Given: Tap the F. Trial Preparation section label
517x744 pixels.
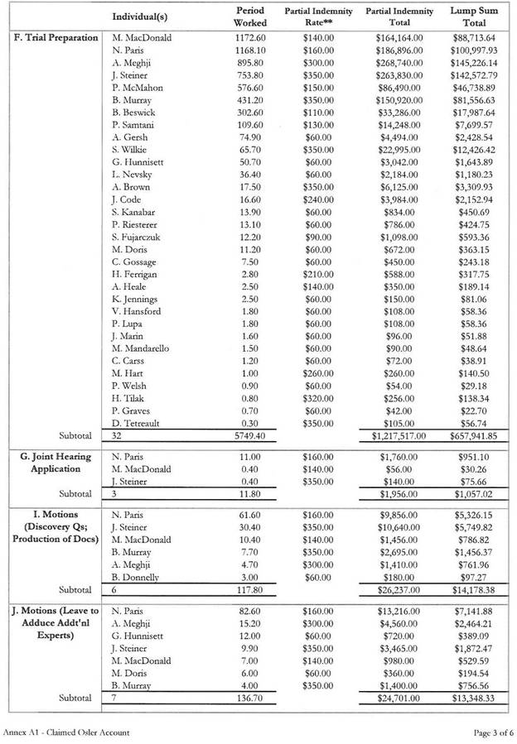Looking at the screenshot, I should click(x=56, y=37).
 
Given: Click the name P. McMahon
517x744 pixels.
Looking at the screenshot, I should click(x=138, y=87).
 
